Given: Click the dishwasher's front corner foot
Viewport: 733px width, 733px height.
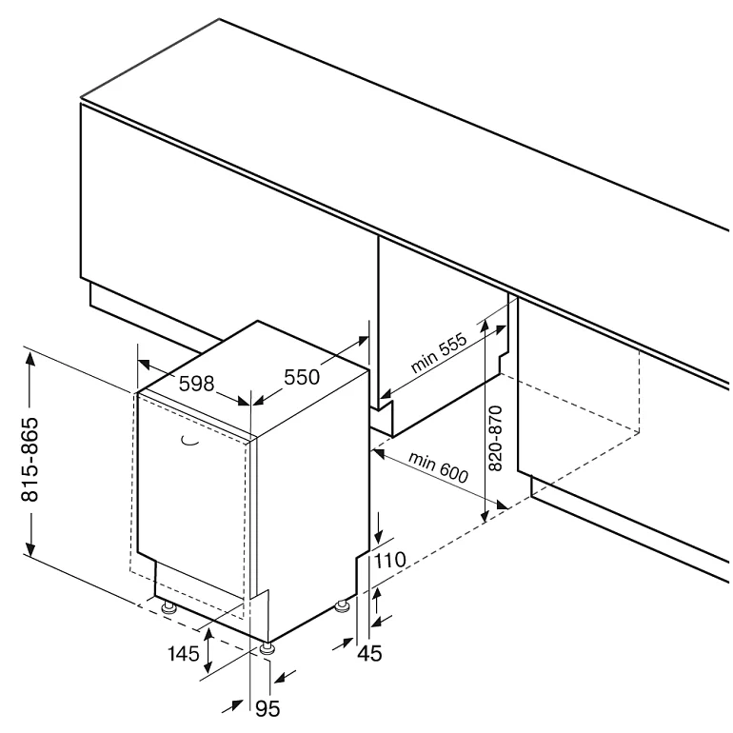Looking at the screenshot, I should point(266,647).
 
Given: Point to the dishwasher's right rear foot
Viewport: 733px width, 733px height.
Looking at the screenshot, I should point(342,605).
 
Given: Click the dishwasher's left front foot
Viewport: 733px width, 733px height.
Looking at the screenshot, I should point(168,605).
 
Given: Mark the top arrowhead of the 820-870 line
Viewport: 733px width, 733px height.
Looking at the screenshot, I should point(485,325).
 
